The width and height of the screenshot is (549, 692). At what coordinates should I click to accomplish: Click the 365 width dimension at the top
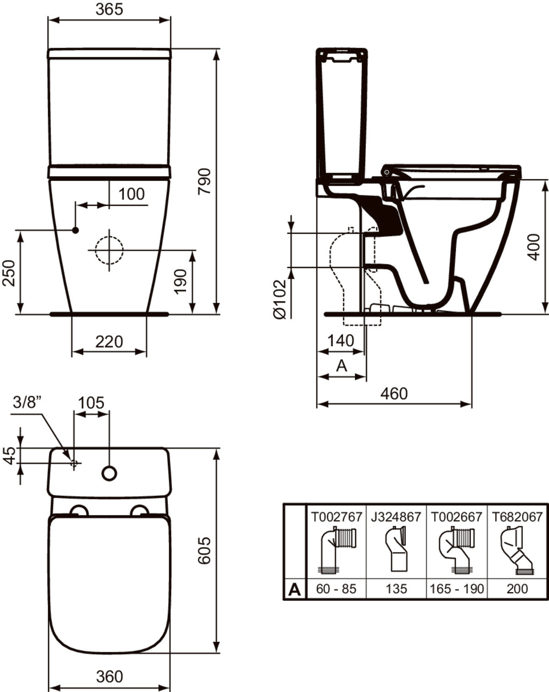click(x=109, y=10)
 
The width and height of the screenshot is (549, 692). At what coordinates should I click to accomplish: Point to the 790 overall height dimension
click(x=205, y=181)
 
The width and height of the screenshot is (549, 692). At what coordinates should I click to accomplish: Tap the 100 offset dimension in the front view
click(x=132, y=194)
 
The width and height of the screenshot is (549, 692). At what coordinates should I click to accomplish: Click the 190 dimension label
click(x=180, y=281)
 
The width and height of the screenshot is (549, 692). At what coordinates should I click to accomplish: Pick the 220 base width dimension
click(x=109, y=342)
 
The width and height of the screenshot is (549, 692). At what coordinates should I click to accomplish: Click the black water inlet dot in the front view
click(x=75, y=230)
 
